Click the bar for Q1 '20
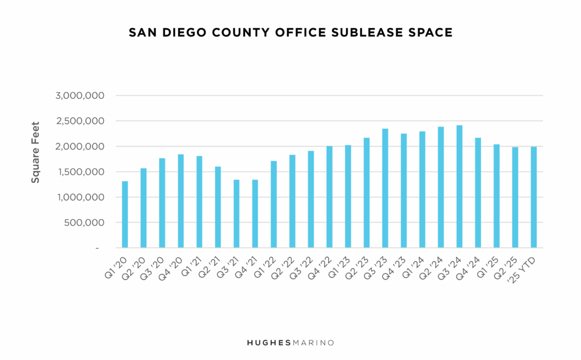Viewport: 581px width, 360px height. point(125,215)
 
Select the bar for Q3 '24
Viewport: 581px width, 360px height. point(459,187)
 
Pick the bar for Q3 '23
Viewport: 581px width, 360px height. point(385,189)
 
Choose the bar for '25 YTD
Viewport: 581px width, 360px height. point(533,198)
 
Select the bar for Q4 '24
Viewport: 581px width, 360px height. point(478,193)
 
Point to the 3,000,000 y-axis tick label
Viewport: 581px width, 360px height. point(80,95)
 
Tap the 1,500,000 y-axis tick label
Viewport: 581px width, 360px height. point(80,172)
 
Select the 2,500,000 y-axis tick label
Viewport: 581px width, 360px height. point(80,121)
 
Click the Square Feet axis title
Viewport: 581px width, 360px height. point(35,152)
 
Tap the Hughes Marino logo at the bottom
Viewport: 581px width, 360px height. point(290,342)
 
